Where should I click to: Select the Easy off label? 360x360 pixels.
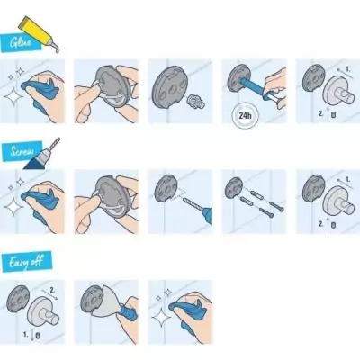point(26,262)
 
